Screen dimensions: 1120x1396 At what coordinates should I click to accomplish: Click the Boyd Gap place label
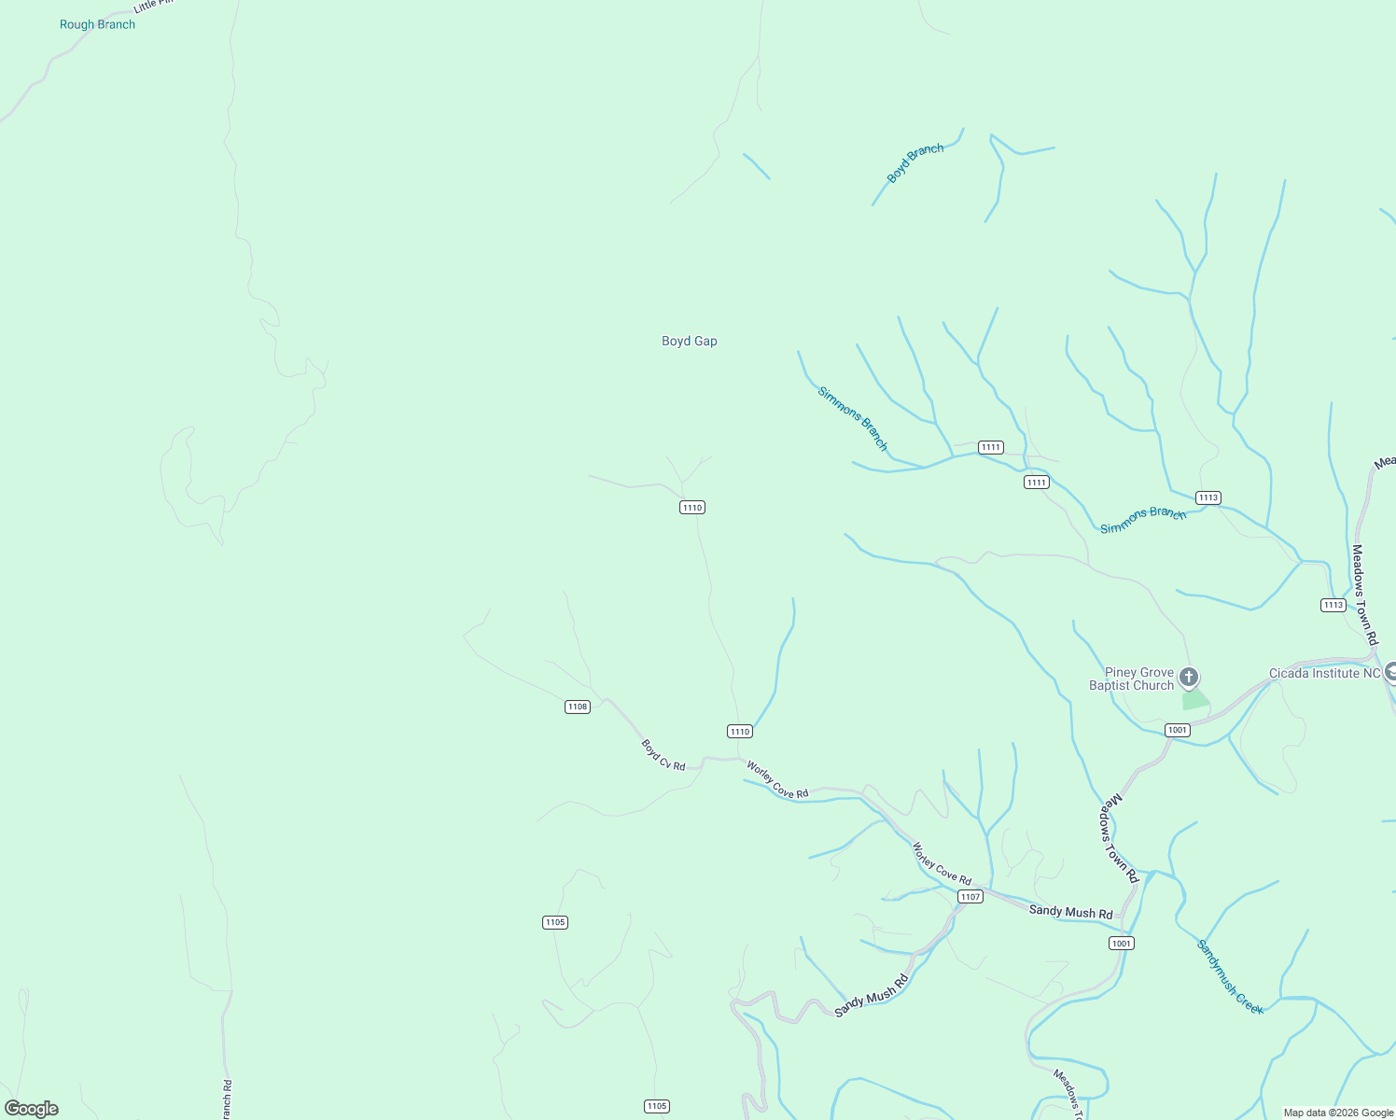[690, 342]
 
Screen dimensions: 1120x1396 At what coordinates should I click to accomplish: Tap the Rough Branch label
[97, 25]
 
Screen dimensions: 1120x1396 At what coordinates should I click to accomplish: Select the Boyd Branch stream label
[914, 163]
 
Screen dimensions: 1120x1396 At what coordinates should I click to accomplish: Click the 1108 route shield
[578, 707]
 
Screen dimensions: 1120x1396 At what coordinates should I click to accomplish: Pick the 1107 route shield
[970, 897]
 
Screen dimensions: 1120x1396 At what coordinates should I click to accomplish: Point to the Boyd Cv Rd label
[663, 755]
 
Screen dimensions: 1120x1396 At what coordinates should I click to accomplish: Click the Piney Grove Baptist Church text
[1133, 679]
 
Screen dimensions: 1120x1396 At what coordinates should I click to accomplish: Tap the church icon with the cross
[1189, 677]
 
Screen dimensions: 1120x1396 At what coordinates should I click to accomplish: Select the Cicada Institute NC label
[1324, 673]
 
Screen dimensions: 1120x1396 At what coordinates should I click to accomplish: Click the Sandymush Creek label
[1230, 977]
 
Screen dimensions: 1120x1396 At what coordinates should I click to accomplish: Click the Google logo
[32, 1109]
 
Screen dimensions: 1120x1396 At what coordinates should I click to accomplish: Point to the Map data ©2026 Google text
[1338, 1113]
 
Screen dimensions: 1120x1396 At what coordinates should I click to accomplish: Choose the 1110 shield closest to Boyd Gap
[691, 508]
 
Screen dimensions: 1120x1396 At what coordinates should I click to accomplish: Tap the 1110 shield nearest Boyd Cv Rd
[740, 732]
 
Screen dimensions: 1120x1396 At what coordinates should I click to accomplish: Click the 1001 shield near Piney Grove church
[1178, 730]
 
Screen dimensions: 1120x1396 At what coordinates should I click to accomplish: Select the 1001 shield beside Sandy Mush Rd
[1122, 944]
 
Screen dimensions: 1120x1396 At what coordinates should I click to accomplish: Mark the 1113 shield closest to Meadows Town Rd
[1333, 605]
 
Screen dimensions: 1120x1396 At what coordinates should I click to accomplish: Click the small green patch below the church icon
[1194, 700]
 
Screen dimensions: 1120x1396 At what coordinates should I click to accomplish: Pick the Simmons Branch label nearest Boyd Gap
[853, 418]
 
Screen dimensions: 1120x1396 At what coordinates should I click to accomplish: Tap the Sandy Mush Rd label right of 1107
[1070, 912]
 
